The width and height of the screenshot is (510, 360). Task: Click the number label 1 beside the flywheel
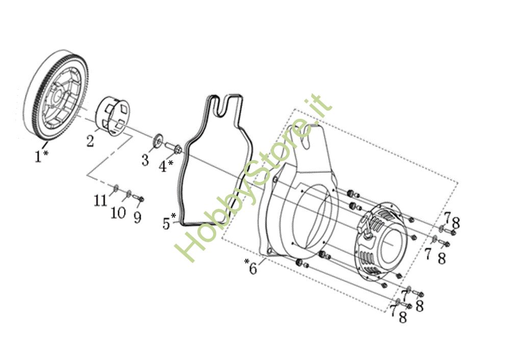click(38, 156)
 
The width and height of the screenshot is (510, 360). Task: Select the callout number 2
click(90, 141)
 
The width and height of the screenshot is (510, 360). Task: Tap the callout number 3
click(145, 160)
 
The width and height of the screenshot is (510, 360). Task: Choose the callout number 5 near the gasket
click(166, 223)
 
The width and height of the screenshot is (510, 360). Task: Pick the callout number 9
click(137, 217)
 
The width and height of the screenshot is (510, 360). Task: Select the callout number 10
click(118, 212)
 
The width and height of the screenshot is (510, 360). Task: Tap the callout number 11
click(101, 200)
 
